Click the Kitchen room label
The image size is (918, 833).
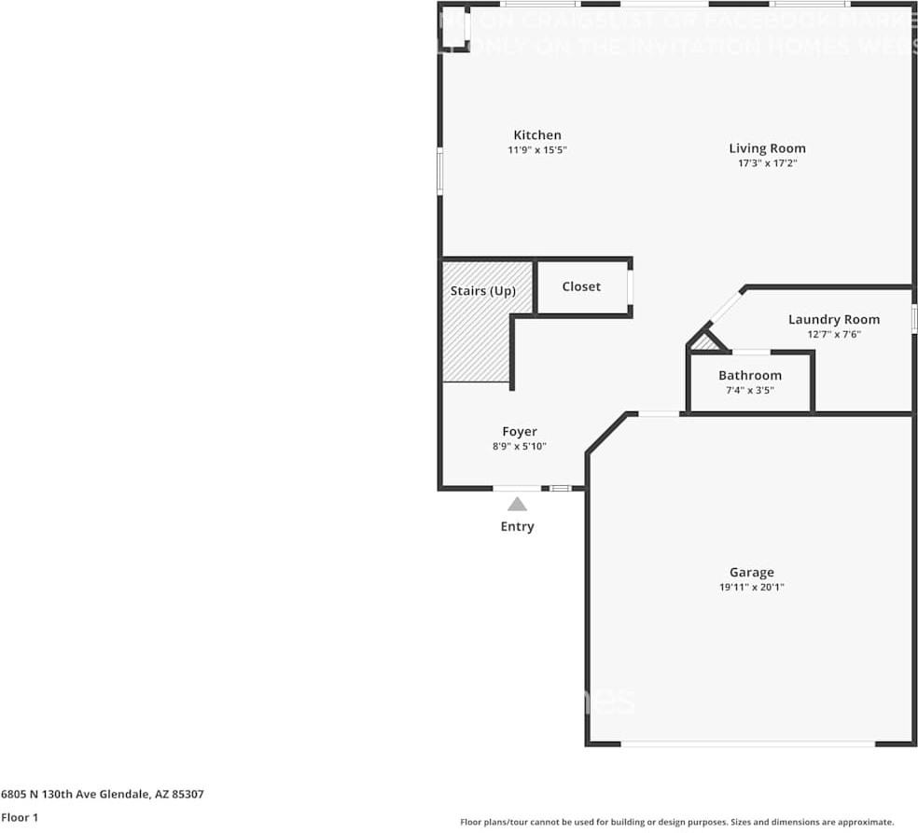pos(537,135)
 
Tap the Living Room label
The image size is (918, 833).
pos(767,148)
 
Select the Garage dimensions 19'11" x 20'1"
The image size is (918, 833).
pos(751,588)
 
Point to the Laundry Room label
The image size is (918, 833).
pos(833,319)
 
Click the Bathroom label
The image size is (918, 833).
pos(749,376)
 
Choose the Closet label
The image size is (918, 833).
pos(581,286)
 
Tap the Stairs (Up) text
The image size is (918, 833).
pos(482,291)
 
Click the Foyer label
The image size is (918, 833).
pos(519,432)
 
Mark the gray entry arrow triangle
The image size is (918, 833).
pos(517,505)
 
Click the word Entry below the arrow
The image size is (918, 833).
pos(517,527)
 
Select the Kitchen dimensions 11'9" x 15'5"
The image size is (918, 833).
pos(537,150)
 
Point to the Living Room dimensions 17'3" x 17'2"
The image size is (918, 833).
pos(767,163)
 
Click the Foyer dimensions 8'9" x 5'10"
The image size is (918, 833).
pos(519,447)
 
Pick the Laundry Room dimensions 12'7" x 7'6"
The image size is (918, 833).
pos(833,334)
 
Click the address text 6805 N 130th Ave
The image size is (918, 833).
pos(103,795)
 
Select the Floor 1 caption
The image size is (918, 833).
pos(21,817)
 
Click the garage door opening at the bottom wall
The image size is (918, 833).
pos(748,743)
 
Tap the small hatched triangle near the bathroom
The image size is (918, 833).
pos(705,343)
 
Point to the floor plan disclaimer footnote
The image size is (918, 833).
pos(677,822)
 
